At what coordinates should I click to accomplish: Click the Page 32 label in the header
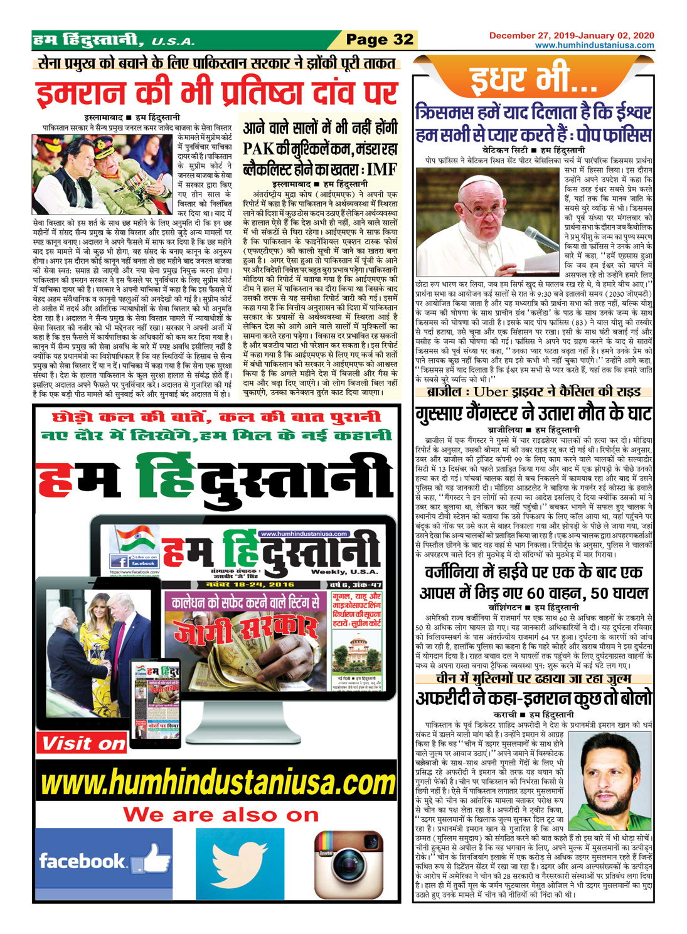click(380, 40)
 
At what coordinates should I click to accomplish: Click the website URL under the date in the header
click(594, 45)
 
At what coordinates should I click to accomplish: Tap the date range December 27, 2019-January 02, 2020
click(572, 36)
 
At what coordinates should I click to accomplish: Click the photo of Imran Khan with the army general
click(104, 175)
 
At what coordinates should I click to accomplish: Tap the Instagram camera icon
click(348, 864)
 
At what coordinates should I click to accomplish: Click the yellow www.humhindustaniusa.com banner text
click(218, 783)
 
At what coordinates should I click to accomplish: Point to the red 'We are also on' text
click(221, 815)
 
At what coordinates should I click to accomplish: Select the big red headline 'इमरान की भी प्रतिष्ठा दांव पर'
click(216, 92)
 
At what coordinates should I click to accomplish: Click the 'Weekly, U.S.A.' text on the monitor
click(344, 571)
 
